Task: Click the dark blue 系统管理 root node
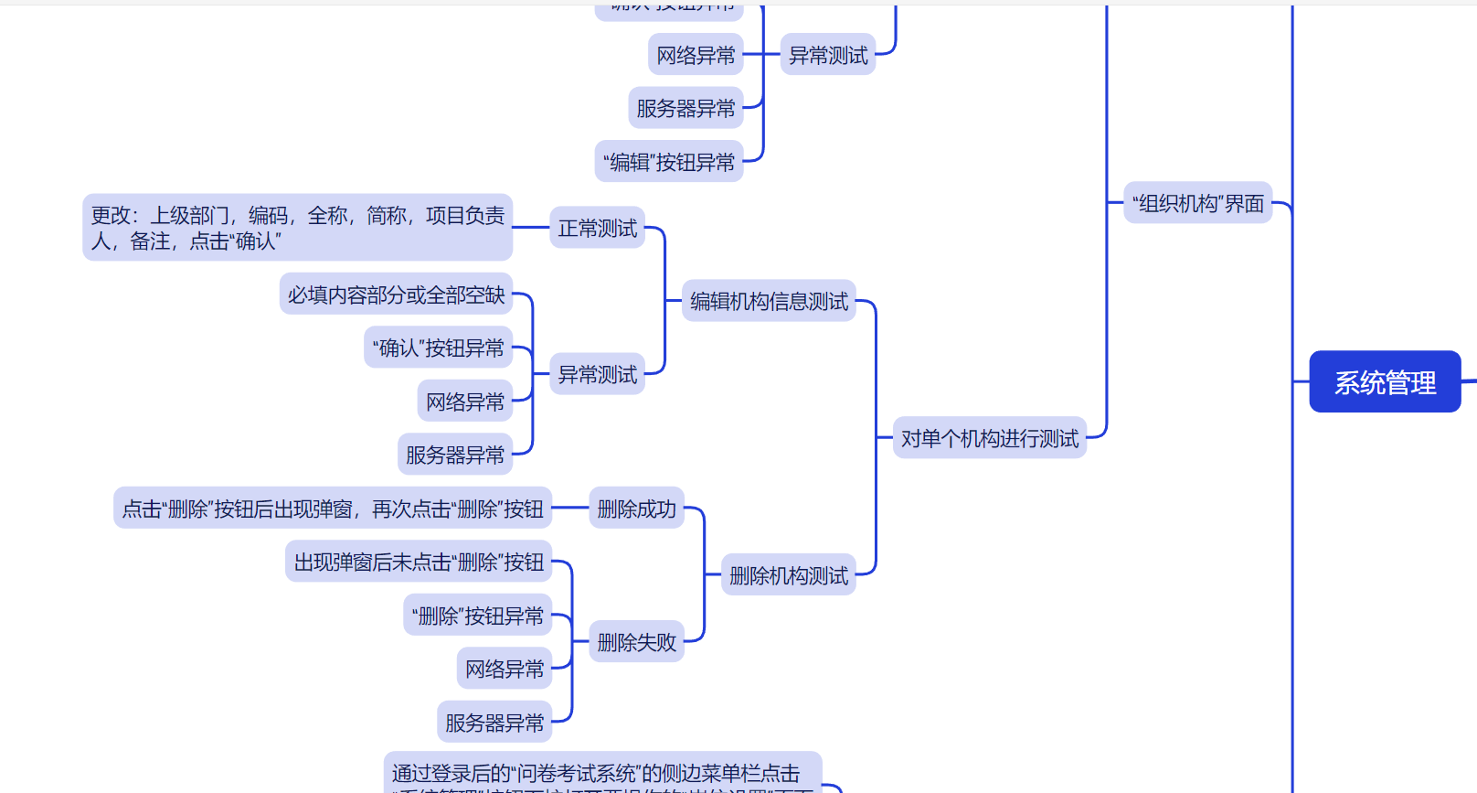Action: pyautogui.click(x=1385, y=381)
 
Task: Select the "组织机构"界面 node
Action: pyautogui.click(x=1197, y=203)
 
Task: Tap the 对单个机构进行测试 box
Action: pyautogui.click(x=989, y=438)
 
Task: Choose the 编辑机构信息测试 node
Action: pyautogui.click(x=769, y=301)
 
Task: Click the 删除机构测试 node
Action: pyautogui.click(x=788, y=575)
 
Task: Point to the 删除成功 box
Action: pyautogui.click(x=636, y=509)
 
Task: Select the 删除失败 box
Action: pyautogui.click(x=636, y=642)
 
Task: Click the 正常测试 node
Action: pyautogui.click(x=597, y=228)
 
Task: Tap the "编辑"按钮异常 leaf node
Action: pyautogui.click(x=669, y=162)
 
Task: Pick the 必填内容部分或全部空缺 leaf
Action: pyautogui.click(x=396, y=295)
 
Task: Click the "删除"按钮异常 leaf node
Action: pyautogui.click(x=477, y=616)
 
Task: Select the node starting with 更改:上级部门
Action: pyautogui.click(x=297, y=228)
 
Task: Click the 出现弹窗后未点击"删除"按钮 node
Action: pyautogui.click(x=419, y=562)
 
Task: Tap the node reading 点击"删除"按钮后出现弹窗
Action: pyautogui.click(x=333, y=509)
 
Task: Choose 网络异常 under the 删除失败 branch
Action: pyautogui.click(x=505, y=669)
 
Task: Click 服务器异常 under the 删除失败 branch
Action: pyautogui.click(x=494, y=723)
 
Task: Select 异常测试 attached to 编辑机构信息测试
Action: pyautogui.click(x=597, y=374)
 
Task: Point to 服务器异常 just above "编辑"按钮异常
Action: pyautogui.click(x=685, y=108)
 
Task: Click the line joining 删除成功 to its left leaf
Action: pyautogui.click(x=570, y=508)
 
